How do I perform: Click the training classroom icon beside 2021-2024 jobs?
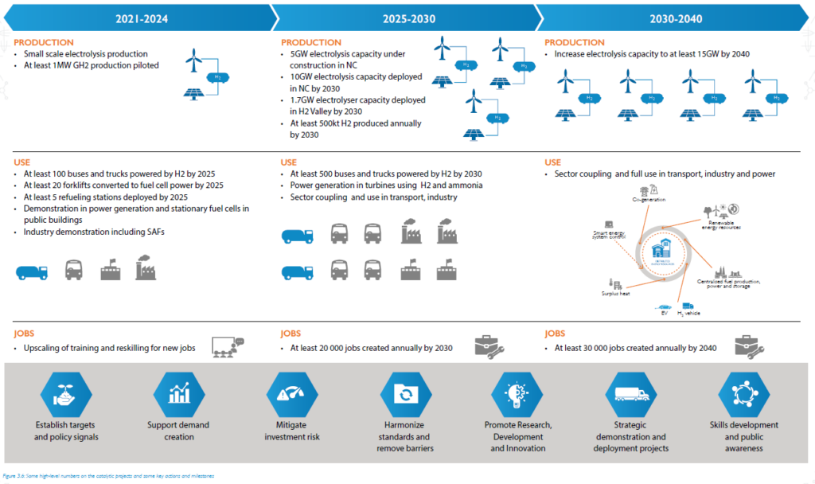[228, 345]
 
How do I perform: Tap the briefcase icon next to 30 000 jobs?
[751, 345]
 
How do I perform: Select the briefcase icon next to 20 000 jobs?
[486, 345]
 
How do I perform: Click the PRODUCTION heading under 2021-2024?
[44, 42]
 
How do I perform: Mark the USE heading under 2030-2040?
[553, 162]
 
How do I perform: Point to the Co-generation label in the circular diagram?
[648, 199]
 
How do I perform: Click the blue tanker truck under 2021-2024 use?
[33, 271]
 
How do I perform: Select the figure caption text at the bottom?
[107, 475]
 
